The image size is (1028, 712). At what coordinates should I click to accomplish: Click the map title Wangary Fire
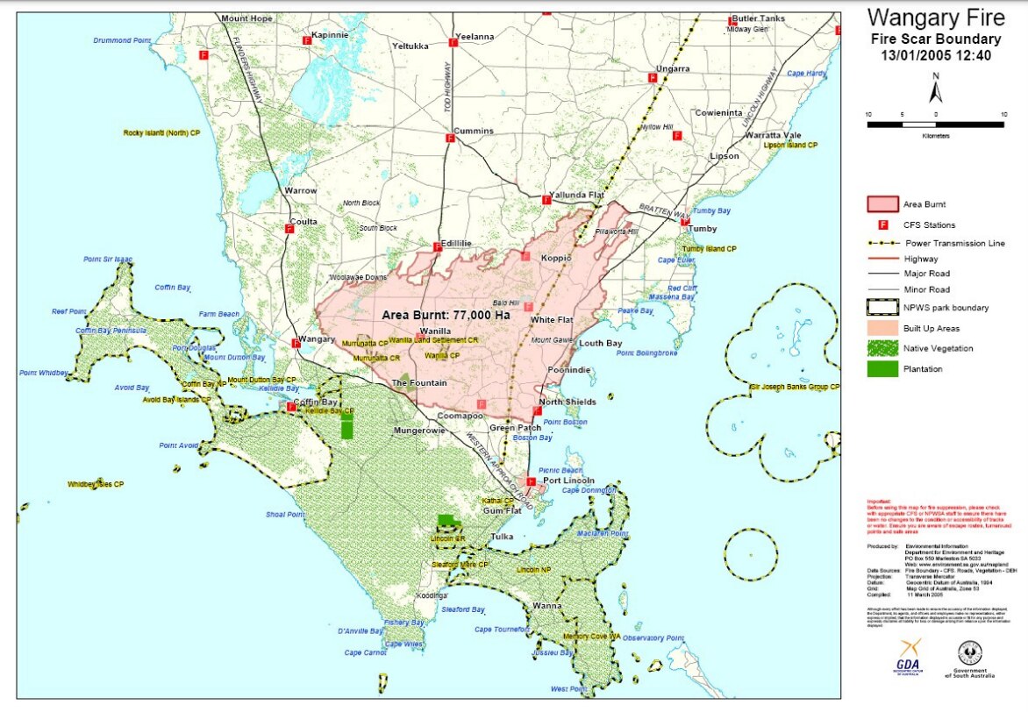[935, 18]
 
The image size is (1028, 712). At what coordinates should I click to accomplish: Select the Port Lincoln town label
[568, 481]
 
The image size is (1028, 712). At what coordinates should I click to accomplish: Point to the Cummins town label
[474, 131]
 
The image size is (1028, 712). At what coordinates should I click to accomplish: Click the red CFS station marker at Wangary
[296, 344]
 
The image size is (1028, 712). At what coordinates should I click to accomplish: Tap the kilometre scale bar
[935, 125]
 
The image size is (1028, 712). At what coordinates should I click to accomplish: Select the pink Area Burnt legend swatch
[881, 204]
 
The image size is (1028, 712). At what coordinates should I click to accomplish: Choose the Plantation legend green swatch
[881, 369]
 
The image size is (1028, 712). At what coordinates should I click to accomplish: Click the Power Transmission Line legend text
[954, 243]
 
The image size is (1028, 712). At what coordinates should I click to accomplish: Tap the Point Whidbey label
[44, 373]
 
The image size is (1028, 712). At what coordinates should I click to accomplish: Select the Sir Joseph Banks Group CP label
[795, 386]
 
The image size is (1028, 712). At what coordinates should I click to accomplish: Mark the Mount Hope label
[246, 18]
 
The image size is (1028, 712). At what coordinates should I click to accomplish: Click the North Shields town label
[568, 402]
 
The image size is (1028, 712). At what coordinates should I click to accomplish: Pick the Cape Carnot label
[366, 652]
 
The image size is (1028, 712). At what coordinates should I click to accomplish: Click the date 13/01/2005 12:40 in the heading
[935, 54]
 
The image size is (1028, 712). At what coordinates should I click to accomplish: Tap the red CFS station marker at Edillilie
[436, 247]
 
